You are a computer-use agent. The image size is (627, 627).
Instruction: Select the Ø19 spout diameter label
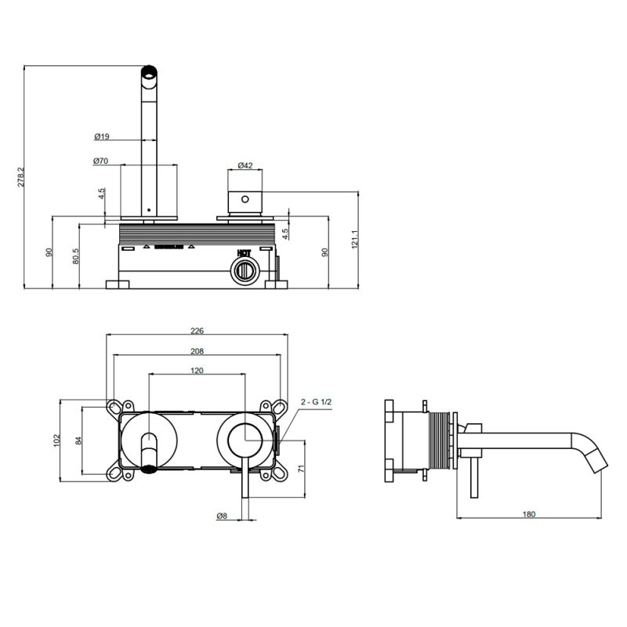(x=101, y=136)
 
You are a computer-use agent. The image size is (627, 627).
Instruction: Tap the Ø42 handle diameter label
(x=245, y=165)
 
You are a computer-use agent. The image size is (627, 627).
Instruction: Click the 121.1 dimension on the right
(x=355, y=238)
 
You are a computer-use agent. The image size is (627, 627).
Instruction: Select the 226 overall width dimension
(x=197, y=331)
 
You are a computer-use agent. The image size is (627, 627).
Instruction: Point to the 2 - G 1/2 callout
(x=317, y=402)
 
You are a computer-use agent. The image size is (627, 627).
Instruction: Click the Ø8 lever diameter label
(x=223, y=515)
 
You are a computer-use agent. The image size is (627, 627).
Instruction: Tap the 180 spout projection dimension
(x=528, y=514)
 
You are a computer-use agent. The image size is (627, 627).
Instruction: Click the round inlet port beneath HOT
(x=244, y=272)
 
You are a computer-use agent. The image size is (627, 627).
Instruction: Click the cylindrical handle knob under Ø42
(x=245, y=200)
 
